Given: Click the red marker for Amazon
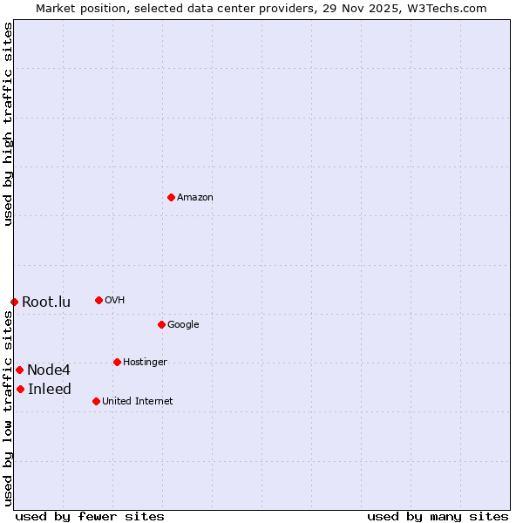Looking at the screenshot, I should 171,197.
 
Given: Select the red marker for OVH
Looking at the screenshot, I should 98,300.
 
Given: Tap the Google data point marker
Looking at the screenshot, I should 161,324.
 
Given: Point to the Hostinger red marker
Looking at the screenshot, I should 117,362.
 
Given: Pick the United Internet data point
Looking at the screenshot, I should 96,401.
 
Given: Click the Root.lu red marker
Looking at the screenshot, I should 14,302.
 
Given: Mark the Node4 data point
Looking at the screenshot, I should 19,370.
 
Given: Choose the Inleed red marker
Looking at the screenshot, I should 20,389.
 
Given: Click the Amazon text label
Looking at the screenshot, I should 195,198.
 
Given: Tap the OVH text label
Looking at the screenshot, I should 115,301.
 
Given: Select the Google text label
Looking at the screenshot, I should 183,325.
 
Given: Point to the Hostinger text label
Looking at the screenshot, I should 145,363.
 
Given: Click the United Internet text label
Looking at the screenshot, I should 138,402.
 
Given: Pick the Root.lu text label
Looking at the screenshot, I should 46,302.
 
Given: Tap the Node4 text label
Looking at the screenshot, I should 49,370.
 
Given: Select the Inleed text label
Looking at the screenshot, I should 50,390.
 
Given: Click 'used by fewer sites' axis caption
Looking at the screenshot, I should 90,517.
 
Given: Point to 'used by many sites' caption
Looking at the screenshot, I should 438,517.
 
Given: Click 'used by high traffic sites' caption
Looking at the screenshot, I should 8,124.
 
